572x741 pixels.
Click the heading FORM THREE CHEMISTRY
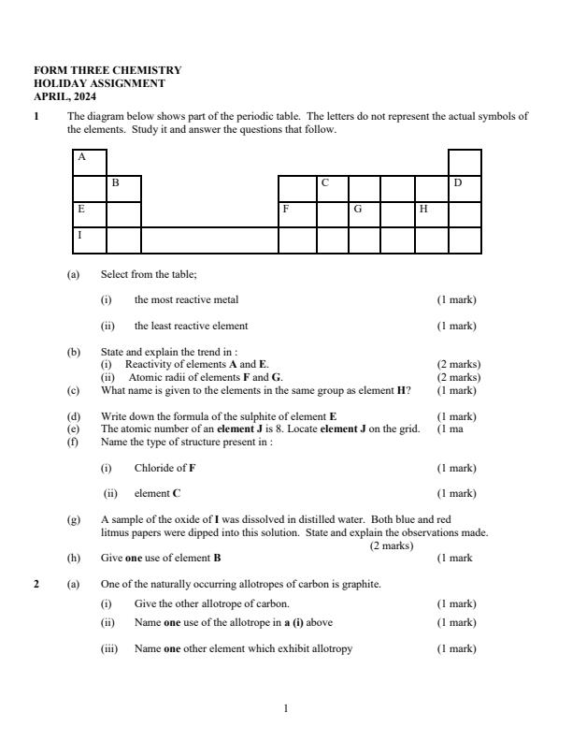(107, 70)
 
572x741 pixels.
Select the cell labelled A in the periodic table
(90, 162)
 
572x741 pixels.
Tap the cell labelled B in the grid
(123, 188)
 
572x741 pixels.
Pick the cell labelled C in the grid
(333, 188)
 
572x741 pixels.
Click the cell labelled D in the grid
(465, 188)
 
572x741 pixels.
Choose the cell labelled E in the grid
(90, 214)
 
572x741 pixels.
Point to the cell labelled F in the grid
(297, 214)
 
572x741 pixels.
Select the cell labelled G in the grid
(365, 214)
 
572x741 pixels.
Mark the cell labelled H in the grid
(431, 214)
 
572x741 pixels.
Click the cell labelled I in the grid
(90, 240)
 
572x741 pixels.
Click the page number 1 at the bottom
(285, 708)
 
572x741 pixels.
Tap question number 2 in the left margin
(37, 584)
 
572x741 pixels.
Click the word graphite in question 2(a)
(361, 584)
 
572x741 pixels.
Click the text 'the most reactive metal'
(186, 299)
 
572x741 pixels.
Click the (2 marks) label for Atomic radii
(458, 377)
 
